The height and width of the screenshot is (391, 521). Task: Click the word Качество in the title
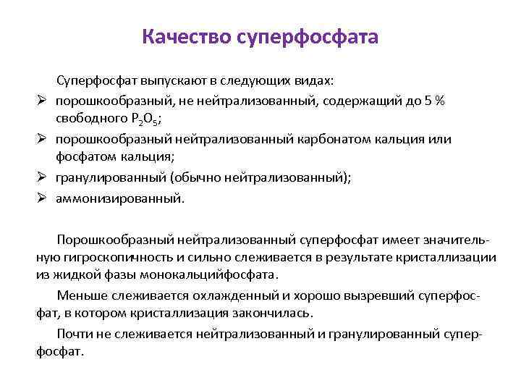186,36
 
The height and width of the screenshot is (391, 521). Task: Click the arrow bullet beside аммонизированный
42,198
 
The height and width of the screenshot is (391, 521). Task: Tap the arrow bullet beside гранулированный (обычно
42,178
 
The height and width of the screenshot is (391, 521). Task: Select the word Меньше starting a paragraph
79,296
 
